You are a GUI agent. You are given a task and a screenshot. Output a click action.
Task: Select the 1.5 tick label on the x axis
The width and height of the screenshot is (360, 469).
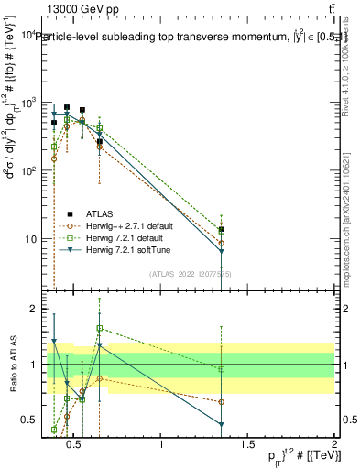coord(247,445)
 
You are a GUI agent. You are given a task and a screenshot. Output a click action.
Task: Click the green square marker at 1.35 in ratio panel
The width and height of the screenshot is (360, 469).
coord(222,369)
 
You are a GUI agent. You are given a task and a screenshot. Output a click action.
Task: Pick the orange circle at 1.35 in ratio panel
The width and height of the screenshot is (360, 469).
coord(222,402)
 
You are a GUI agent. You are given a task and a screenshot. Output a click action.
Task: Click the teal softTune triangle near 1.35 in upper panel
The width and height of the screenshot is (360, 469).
coord(222,251)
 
